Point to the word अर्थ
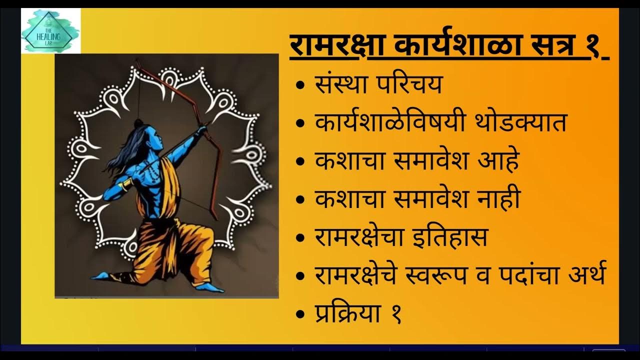coord(582,275)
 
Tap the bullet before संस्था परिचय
coord(301,85)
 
